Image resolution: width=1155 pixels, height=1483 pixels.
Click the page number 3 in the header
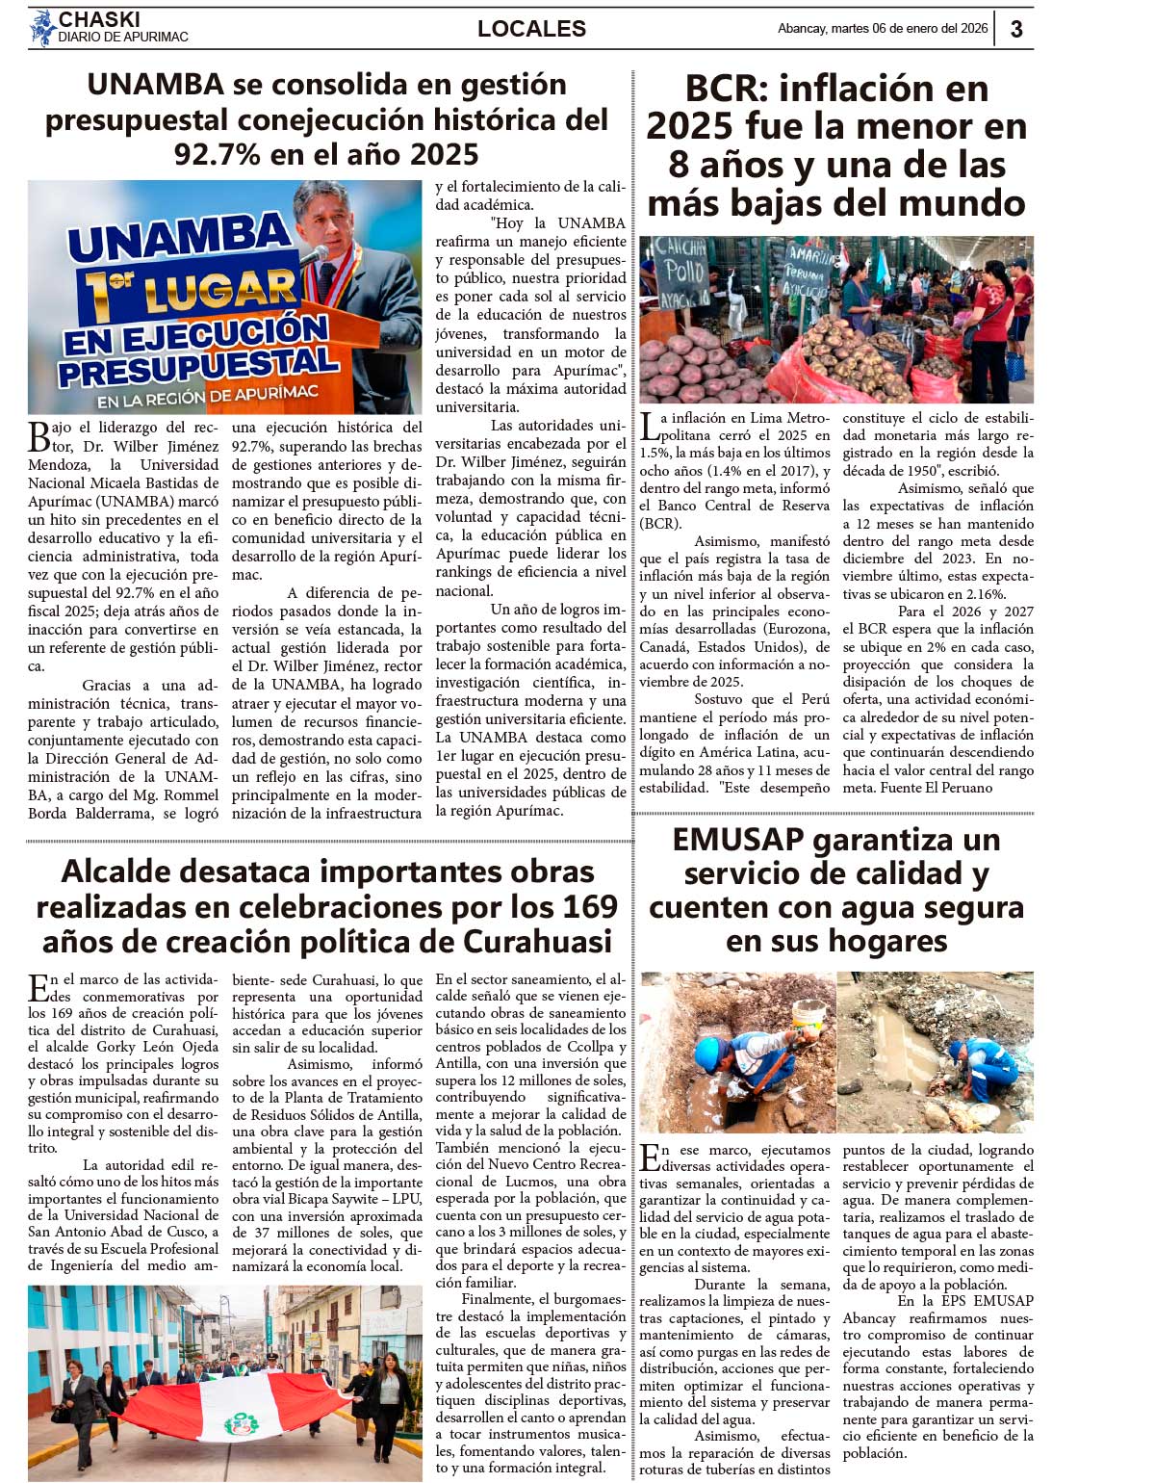click(1016, 29)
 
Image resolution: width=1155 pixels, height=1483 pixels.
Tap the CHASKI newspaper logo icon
click(42, 28)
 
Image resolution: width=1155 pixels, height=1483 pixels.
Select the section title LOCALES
click(531, 29)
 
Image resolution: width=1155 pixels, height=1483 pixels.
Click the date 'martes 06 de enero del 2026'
click(909, 29)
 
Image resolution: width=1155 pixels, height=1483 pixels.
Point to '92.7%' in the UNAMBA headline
click(223, 154)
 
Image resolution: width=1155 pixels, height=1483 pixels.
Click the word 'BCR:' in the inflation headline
click(726, 89)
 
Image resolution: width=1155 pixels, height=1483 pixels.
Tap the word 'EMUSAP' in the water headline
click(737, 840)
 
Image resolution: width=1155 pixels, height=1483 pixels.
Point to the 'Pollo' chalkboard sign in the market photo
click(680, 271)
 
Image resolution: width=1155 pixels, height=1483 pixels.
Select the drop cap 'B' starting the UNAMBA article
click(38, 436)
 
